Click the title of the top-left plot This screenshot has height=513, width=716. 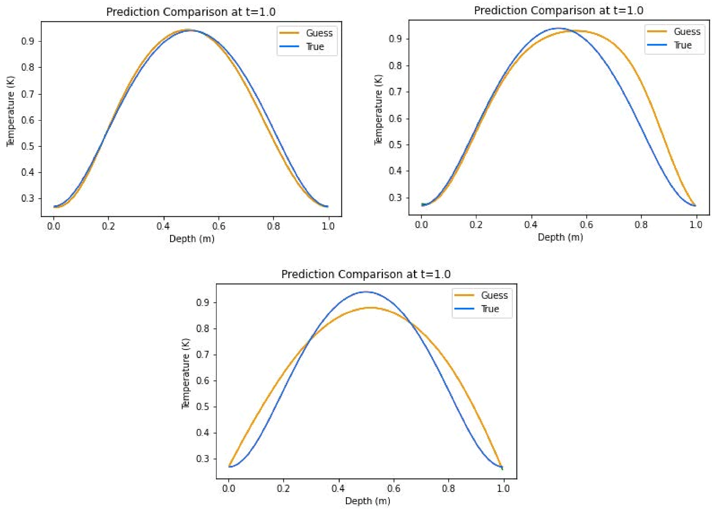pyautogui.click(x=191, y=12)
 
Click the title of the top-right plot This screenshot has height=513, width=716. pyautogui.click(x=558, y=10)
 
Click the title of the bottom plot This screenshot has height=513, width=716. pyautogui.click(x=366, y=274)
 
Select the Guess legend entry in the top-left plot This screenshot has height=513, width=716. pyautogui.click(x=319, y=33)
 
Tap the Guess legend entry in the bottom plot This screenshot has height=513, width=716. pyautogui.click(x=494, y=295)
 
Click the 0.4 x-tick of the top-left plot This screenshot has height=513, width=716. pyautogui.click(x=163, y=226)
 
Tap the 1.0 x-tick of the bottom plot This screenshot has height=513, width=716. pyautogui.click(x=503, y=489)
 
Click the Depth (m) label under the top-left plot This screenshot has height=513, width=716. pyautogui.click(x=192, y=239)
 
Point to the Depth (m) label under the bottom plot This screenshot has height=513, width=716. pyautogui.click(x=367, y=501)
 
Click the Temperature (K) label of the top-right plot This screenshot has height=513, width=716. pyautogui.click(x=378, y=110)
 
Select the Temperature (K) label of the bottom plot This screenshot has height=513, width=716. pyautogui.click(x=186, y=373)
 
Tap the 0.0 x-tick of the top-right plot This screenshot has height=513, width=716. pyautogui.click(x=421, y=225)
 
